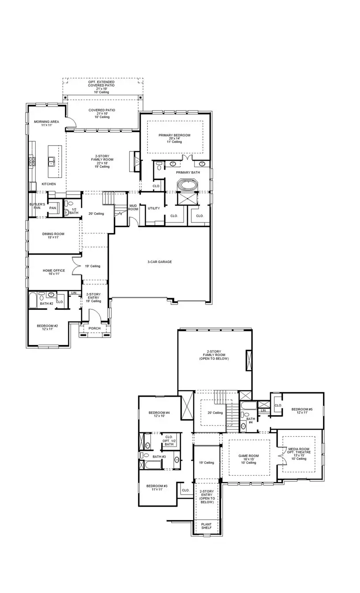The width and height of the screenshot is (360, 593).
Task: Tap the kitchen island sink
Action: coord(52,161)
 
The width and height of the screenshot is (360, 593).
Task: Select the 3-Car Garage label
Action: coord(159,262)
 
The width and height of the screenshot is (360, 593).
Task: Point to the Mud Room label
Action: coord(133,207)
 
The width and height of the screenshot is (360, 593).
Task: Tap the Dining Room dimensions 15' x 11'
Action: coord(50,237)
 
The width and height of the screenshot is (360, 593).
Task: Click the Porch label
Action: coord(94,328)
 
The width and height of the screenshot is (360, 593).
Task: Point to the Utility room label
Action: coord(154,208)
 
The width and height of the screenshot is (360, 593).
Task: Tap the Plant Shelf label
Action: coord(206,526)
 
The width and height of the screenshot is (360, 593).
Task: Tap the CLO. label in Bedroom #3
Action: coord(185,490)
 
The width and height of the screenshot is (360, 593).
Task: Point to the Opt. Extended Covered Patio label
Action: coord(101,84)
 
